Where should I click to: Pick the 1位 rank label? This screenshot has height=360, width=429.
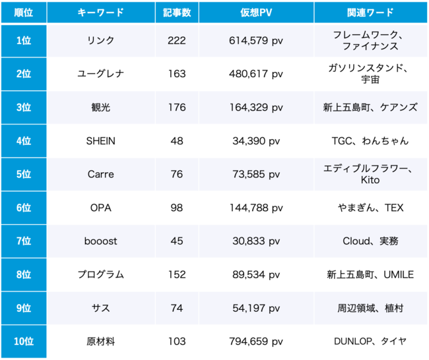pyautogui.click(x=23, y=41)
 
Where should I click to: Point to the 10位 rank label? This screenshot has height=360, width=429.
pyautogui.click(x=23, y=342)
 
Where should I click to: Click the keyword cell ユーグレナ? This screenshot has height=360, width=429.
pyautogui.click(x=101, y=74)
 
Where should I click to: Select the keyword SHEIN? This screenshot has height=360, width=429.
pyautogui.click(x=101, y=141)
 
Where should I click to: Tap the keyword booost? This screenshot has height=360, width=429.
pyautogui.click(x=101, y=241)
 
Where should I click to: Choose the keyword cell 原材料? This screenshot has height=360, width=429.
pyautogui.click(x=101, y=342)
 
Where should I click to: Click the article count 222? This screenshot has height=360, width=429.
pyautogui.click(x=177, y=41)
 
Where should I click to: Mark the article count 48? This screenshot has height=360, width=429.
pyautogui.click(x=177, y=141)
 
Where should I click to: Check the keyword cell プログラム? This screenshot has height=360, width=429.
pyautogui.click(x=101, y=275)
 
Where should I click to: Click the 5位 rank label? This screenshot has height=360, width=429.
pyautogui.click(x=23, y=175)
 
